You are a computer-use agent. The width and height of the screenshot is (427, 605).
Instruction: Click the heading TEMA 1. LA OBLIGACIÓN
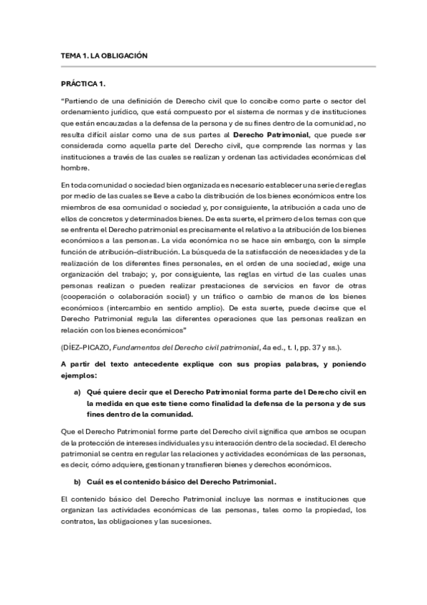[104, 56]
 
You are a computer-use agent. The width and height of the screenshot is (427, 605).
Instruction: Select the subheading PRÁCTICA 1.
[83, 84]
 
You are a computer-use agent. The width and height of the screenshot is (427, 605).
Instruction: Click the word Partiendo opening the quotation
[80, 101]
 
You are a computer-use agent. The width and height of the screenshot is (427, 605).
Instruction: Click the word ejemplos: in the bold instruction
[78, 375]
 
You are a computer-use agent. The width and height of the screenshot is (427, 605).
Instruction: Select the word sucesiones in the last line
[190, 522]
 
